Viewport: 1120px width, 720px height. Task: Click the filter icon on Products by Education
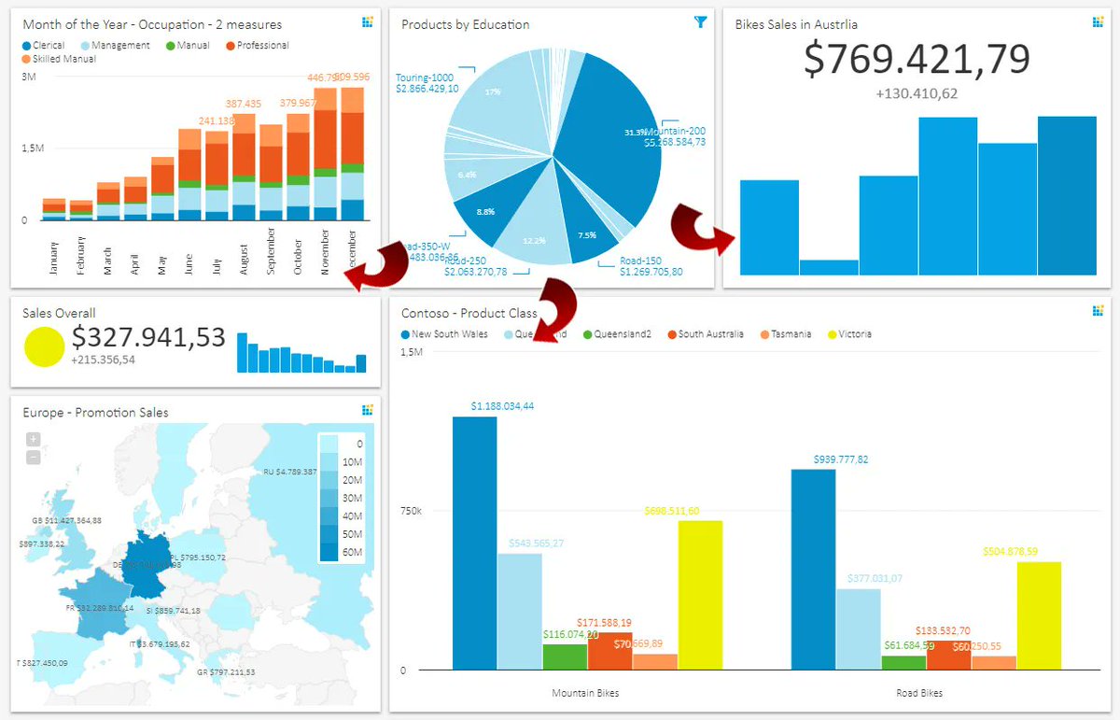pyautogui.click(x=701, y=22)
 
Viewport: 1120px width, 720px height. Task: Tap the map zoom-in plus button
pyautogui.click(x=33, y=439)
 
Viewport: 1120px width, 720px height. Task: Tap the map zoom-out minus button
pyautogui.click(x=33, y=457)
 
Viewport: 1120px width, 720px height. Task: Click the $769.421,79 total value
pyautogui.click(x=917, y=59)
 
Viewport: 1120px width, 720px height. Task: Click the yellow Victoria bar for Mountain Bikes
pyautogui.click(x=700, y=595)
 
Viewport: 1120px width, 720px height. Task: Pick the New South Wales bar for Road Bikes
pyautogui.click(x=813, y=569)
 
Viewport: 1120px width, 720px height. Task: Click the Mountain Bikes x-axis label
pyautogui.click(x=585, y=693)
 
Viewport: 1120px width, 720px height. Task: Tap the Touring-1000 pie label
pyautogui.click(x=425, y=78)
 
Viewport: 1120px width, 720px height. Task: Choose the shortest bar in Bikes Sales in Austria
pyautogui.click(x=829, y=267)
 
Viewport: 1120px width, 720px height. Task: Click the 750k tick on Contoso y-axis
pyautogui.click(x=411, y=511)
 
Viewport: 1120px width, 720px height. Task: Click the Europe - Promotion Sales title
pyautogui.click(x=95, y=413)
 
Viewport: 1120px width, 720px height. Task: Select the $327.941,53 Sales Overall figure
pyautogui.click(x=148, y=337)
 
